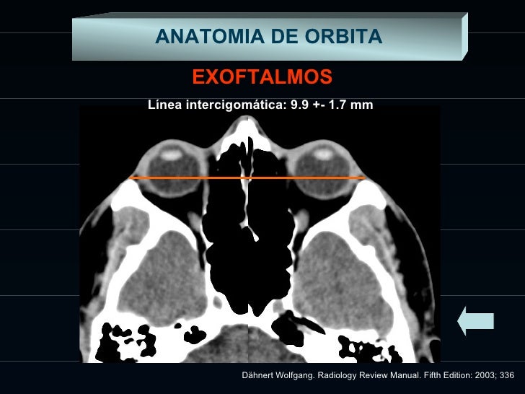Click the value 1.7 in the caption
(337, 105)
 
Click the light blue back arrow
(475, 320)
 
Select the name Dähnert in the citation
(261, 376)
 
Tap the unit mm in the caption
(363, 105)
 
